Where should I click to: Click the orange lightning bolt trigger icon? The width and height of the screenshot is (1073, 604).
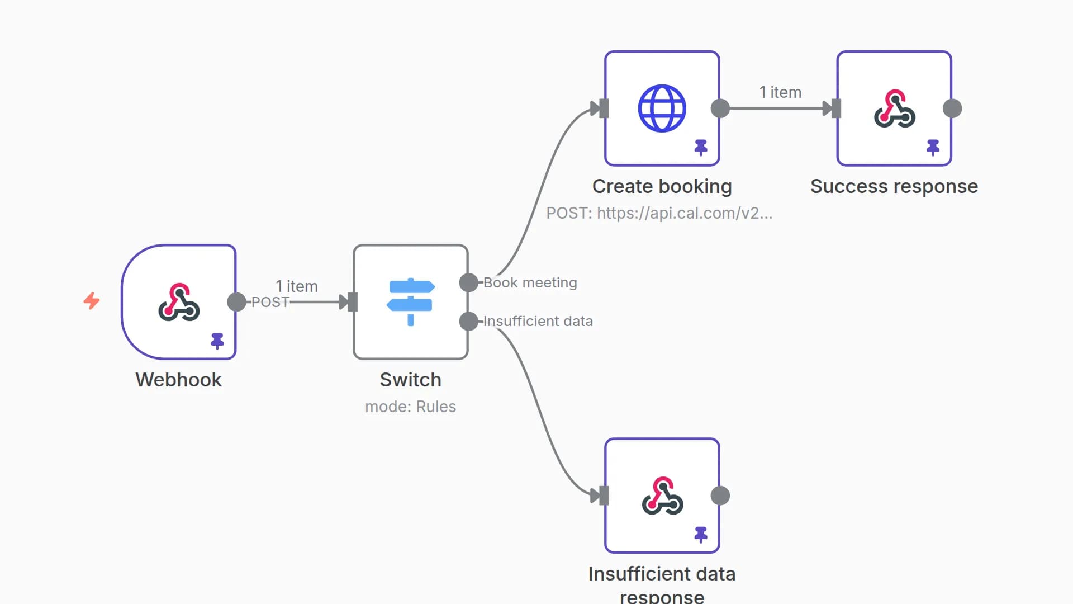point(92,301)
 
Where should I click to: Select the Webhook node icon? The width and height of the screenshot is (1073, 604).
point(179,302)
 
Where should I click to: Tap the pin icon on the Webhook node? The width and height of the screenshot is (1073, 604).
point(217,341)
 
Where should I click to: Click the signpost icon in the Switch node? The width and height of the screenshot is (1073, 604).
point(411,302)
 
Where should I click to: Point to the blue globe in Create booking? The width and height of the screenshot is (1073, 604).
point(662,108)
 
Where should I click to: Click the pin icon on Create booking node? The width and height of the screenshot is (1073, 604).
point(701,147)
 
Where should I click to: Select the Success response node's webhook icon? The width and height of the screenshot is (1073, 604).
point(895,108)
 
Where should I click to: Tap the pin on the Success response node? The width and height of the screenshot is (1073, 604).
point(933,147)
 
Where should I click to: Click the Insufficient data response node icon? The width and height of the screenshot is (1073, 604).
point(662,496)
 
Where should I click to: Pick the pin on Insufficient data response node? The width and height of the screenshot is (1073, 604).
point(701,534)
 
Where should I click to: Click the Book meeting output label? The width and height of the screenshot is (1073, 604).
point(530,283)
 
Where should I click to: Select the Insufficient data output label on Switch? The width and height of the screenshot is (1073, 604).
point(538,322)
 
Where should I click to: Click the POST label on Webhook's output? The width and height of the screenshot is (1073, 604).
point(270,303)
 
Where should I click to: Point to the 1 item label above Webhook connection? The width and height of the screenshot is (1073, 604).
point(297,286)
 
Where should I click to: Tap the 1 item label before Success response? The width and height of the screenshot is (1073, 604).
point(780,92)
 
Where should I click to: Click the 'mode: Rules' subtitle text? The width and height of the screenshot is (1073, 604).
point(411,407)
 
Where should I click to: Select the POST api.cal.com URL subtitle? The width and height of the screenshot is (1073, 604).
point(659,213)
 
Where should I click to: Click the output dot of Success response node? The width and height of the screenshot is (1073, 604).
point(952,108)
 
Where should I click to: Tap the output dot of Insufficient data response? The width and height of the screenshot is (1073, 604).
point(720,496)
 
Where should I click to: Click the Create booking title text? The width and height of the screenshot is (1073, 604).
point(662,186)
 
